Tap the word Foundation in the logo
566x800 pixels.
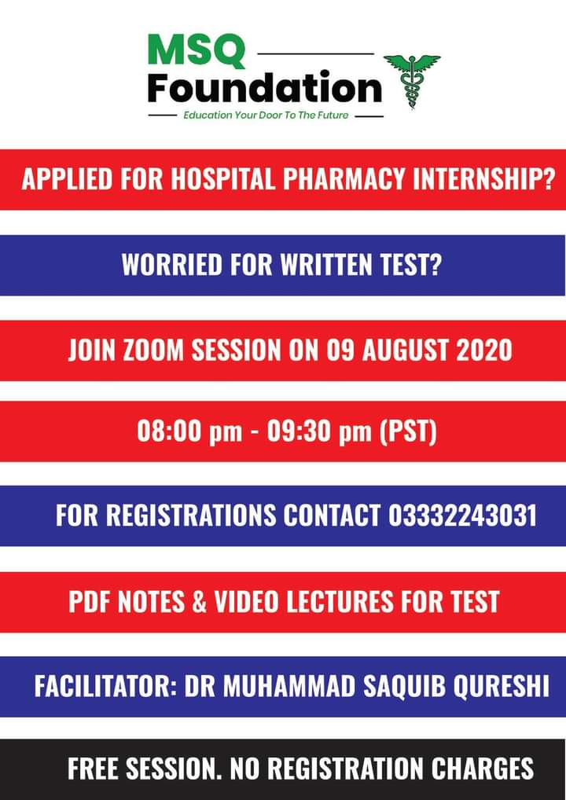coord(264,89)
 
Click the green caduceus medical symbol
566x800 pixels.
coord(411,80)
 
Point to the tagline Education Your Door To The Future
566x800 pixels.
coord(265,116)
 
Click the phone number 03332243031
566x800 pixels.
coord(462,516)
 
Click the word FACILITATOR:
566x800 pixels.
coord(105,685)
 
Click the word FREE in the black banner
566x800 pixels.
coord(97,768)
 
